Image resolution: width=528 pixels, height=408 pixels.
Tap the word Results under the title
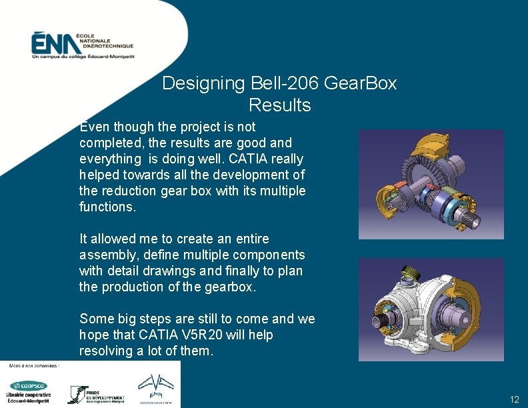click(279, 105)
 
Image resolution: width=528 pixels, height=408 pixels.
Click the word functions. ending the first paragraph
click(107, 207)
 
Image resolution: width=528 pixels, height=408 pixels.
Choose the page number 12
click(514, 399)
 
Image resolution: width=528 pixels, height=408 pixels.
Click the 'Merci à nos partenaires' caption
click(34, 365)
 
